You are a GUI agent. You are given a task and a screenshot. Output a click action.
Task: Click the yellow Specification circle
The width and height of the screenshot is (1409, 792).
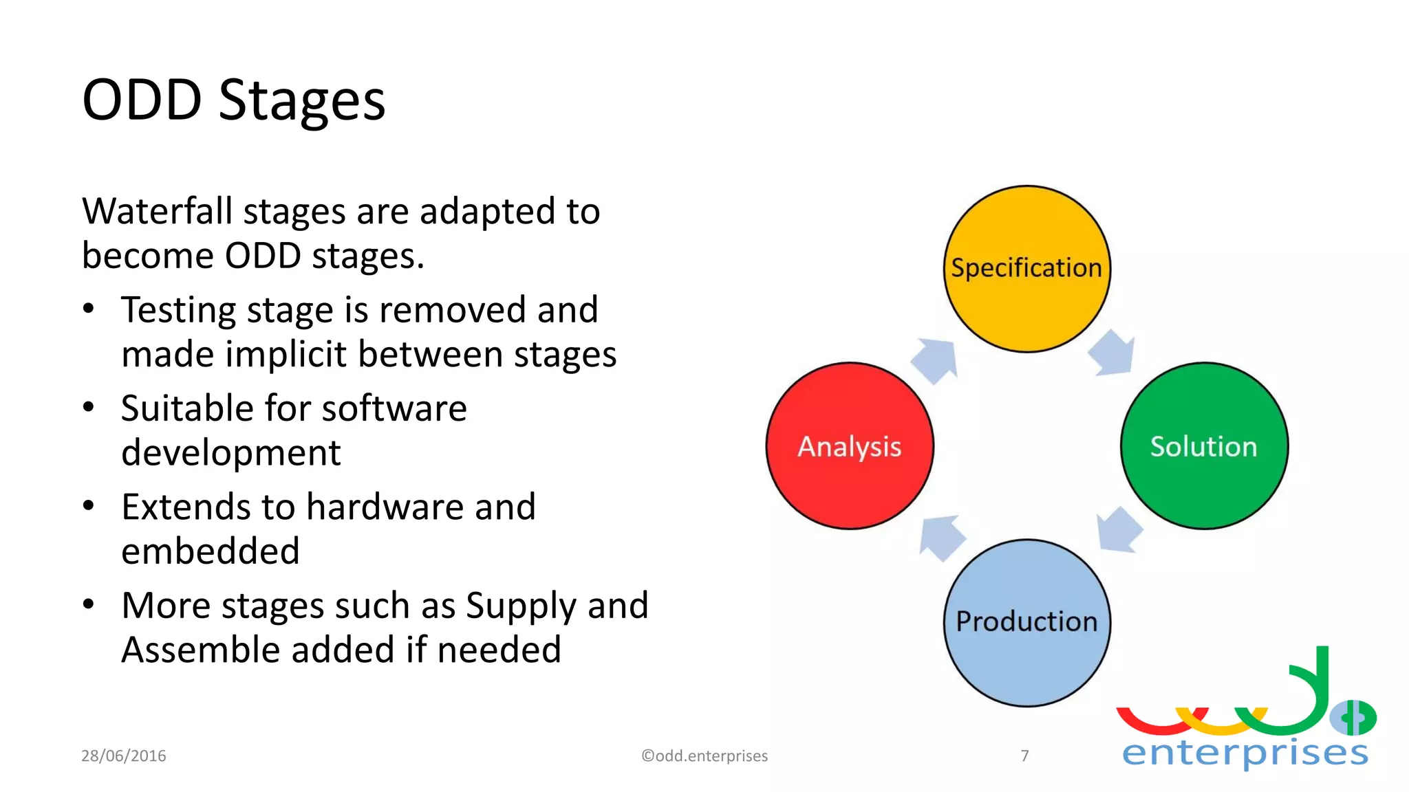tap(1026, 269)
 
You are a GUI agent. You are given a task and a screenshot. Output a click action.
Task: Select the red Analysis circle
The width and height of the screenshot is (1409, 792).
tap(850, 446)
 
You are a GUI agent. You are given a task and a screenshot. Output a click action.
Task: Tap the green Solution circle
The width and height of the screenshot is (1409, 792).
tap(1204, 446)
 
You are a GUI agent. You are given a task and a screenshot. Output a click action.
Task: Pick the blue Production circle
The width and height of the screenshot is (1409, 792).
tap(1026, 622)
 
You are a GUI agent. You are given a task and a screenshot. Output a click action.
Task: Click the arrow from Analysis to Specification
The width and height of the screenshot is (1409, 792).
tap(936, 360)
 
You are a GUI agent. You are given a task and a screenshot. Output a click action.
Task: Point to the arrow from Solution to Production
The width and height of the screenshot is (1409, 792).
tap(1118, 530)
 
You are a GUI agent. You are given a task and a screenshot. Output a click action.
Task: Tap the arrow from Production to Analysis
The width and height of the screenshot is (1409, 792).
tap(940, 537)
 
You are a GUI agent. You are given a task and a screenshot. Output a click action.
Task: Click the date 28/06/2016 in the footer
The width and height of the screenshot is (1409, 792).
tap(124, 756)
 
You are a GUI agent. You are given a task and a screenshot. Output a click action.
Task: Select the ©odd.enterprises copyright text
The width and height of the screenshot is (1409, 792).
tap(704, 756)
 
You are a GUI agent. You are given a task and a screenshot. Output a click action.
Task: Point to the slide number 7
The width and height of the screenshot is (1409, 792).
tap(1024, 756)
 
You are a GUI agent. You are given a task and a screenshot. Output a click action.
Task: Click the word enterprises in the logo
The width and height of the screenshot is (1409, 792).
tap(1245, 753)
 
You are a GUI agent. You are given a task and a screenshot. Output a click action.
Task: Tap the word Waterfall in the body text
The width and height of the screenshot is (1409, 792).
tap(157, 211)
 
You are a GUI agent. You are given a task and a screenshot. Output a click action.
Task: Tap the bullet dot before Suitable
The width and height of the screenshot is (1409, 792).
tap(88, 408)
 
